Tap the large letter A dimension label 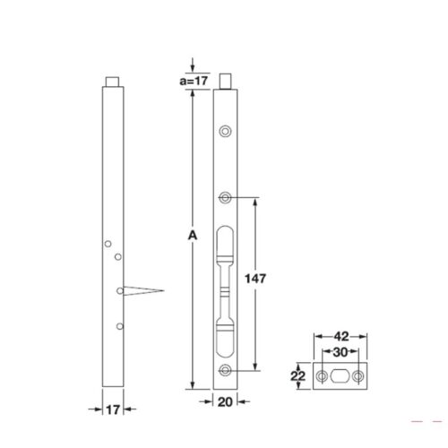191,236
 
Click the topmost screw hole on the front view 226,132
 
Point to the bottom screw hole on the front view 226,372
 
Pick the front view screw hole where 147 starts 226,197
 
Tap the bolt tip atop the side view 112,82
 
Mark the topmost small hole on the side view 108,243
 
